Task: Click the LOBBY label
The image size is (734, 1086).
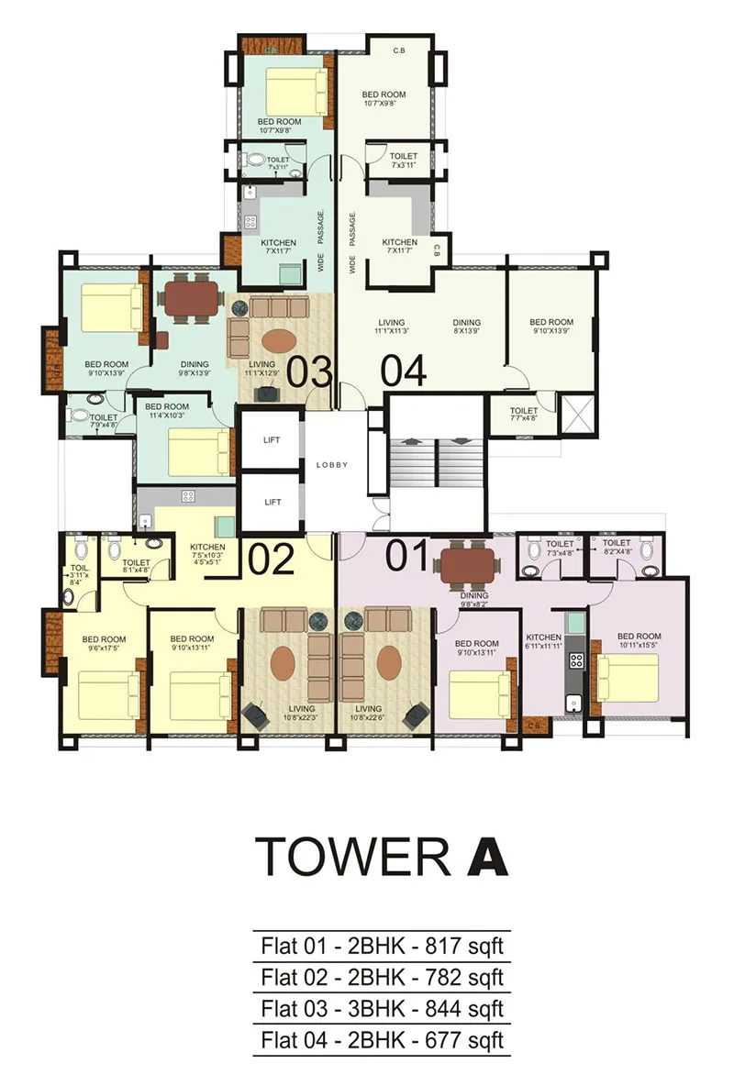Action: (x=332, y=465)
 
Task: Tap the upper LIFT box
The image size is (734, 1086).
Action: (x=272, y=440)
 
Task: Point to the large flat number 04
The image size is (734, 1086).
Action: (x=404, y=371)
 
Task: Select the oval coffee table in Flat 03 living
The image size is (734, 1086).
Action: (x=280, y=339)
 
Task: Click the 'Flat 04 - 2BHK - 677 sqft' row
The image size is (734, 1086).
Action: (x=382, y=1041)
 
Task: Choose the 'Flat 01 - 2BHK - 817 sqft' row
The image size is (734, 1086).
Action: (x=382, y=945)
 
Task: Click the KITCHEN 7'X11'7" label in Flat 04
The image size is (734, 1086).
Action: (x=400, y=247)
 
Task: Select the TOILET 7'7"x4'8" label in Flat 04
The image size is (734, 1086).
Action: (x=524, y=416)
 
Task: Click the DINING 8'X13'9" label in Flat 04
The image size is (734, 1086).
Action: (x=474, y=327)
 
